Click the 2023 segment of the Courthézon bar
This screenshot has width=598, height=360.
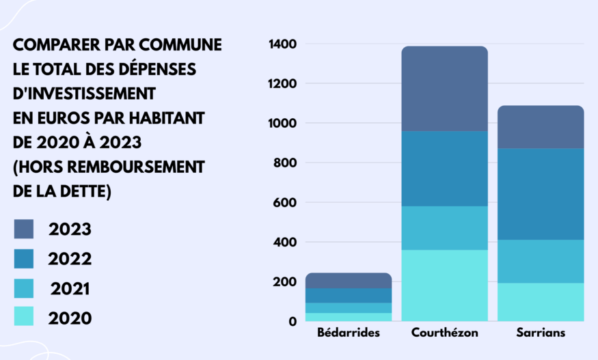pos(444,89)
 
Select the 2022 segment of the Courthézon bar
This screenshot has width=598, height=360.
pos(444,168)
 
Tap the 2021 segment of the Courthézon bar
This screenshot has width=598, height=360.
pos(444,227)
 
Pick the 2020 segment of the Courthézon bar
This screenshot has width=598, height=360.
pos(444,285)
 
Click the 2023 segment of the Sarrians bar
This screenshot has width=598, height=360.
pos(541,127)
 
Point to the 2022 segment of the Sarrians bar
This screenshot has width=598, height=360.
pos(541,194)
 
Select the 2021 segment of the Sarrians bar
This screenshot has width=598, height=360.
pos(541,261)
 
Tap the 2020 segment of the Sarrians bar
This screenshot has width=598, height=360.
pos(541,301)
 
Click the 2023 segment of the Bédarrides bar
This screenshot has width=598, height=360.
pos(349,280)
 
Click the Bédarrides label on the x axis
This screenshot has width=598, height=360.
pos(349,333)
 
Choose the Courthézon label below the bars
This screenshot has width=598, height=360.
pos(445,333)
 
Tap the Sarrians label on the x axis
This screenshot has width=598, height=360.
pos(541,333)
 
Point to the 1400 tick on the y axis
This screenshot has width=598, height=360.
pos(283,44)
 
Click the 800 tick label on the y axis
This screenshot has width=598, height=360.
pos(286,163)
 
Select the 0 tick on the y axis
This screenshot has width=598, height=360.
pos(293,322)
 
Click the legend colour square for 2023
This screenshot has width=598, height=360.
pos(24,229)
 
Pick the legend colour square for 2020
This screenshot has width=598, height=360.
pos(24,316)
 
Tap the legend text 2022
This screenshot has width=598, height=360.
pos(70,259)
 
